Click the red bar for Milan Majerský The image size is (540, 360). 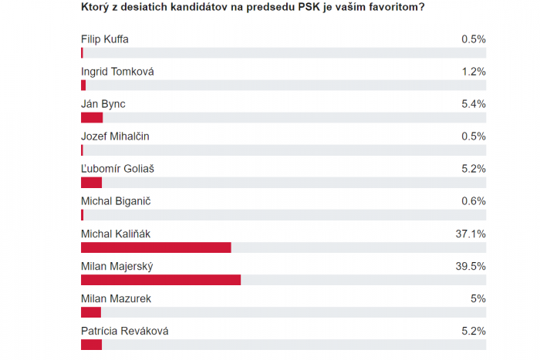click(x=160, y=279)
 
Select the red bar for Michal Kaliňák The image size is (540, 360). click(x=156, y=247)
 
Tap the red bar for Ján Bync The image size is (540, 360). click(x=92, y=117)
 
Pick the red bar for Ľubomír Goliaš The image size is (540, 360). click(x=91, y=182)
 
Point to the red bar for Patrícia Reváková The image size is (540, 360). click(x=91, y=344)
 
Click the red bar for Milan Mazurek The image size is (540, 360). click(x=91, y=311)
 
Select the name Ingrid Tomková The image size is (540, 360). click(x=117, y=72)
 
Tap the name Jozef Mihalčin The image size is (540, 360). click(x=115, y=136)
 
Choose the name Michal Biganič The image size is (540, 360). click(x=114, y=201)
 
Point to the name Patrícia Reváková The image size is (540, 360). click(x=124, y=331)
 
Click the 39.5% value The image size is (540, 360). click(x=470, y=266)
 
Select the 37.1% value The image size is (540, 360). click(x=470, y=234)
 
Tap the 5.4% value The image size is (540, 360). click(x=473, y=104)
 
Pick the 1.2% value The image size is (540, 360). click(x=473, y=72)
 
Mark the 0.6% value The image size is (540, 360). click(x=473, y=201)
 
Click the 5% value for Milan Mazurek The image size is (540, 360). click(x=478, y=298)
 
